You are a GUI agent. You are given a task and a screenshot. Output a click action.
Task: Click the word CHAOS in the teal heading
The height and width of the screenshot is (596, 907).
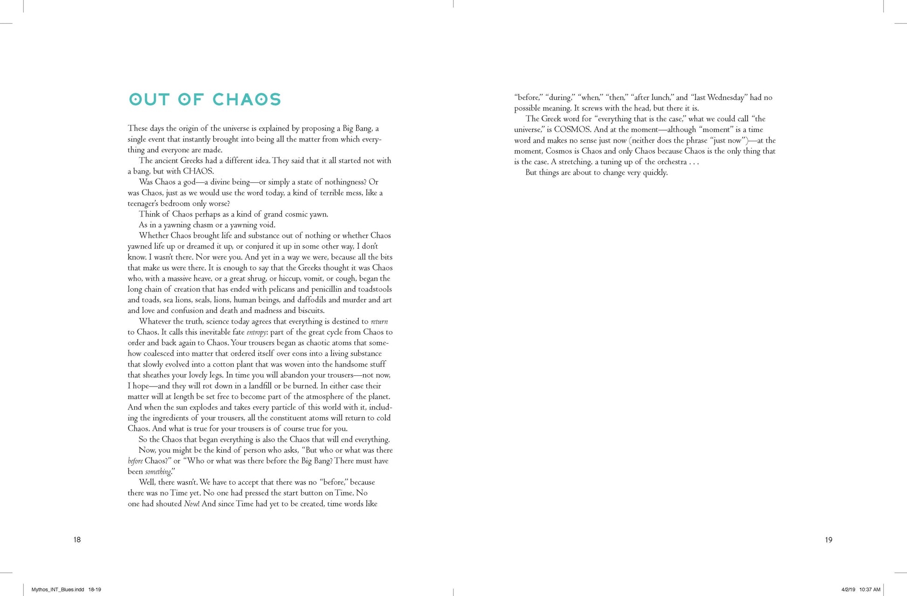247,99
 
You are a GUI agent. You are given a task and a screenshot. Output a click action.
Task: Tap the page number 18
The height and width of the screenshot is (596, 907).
77,540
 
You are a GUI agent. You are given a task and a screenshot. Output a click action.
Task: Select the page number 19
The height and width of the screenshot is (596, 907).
828,540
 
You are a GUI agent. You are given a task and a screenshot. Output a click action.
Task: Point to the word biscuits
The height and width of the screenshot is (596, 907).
310,311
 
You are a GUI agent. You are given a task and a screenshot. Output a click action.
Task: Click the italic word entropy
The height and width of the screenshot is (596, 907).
256,333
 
